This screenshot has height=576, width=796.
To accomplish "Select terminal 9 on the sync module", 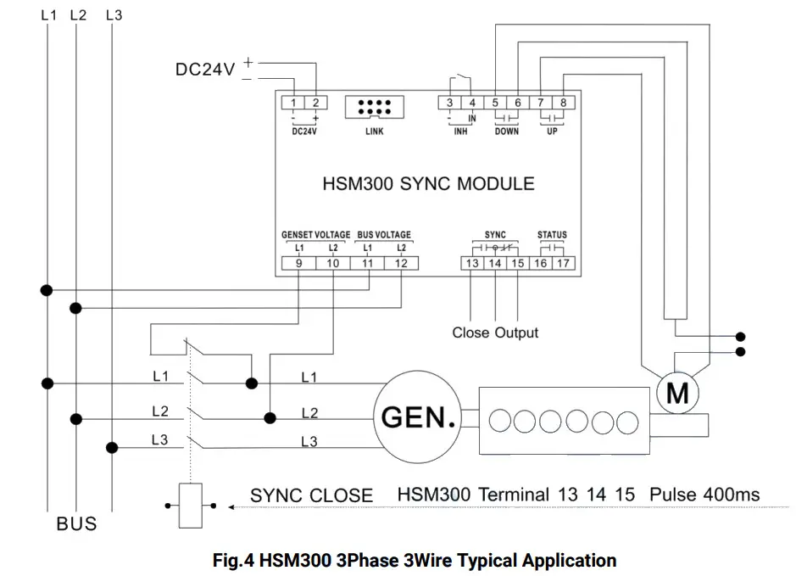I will tap(299, 264).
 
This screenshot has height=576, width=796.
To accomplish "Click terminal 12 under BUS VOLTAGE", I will tap(401, 264).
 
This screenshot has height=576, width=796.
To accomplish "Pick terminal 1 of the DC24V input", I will tap(292, 103).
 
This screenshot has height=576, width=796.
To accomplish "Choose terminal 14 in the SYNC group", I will tap(495, 264).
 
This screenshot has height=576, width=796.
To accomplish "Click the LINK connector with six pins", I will tap(374, 108).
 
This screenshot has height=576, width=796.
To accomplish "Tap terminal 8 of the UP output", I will tap(565, 103).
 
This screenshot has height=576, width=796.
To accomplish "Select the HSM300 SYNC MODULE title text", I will tap(428, 183).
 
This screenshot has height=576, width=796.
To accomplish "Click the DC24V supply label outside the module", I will tap(205, 70).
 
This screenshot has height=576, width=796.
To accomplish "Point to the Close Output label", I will tap(495, 333).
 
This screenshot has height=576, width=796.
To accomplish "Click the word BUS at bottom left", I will tap(76, 523).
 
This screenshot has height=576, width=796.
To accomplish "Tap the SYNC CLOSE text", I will tap(311, 495).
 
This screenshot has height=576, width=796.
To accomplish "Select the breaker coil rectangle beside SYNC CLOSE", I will tap(192, 506).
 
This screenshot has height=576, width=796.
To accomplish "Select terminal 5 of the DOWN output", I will tap(496, 103).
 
